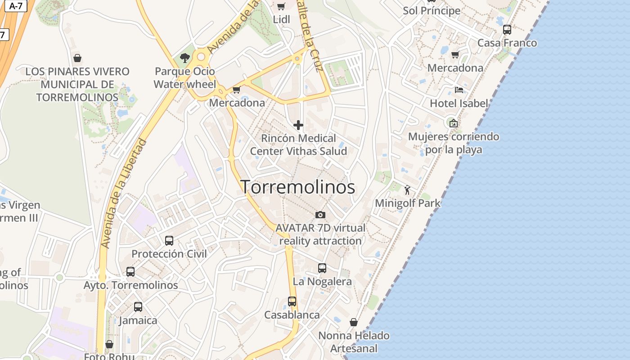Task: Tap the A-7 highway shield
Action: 16,6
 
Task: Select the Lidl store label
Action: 282,19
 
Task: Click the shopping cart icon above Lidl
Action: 281,6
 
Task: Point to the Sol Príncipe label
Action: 432,10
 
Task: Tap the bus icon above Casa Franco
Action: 507,30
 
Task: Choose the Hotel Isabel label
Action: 459,103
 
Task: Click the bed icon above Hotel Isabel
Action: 459,90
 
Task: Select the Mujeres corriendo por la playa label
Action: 454,143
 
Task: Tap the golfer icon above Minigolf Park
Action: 408,190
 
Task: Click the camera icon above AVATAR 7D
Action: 320,215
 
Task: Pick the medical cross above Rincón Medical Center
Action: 298,125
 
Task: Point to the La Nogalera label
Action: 322,282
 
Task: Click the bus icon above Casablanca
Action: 292,301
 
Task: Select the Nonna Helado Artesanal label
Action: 354,342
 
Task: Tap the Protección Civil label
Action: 169,254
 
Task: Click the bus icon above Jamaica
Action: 138,307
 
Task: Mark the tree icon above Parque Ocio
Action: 184,58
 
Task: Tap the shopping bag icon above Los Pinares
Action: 77,58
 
